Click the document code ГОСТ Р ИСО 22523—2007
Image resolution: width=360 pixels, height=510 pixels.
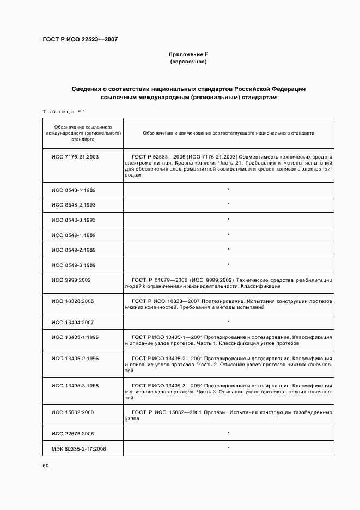(x=80, y=40)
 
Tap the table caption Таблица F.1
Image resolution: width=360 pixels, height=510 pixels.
(x=62, y=112)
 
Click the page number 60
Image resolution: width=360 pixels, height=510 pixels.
(x=46, y=465)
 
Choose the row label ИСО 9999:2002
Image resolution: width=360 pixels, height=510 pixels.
(x=71, y=280)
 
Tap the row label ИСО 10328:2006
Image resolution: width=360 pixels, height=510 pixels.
(x=73, y=301)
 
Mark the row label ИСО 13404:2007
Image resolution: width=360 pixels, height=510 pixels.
(x=73, y=322)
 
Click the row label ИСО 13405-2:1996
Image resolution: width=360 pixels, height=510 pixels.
(x=75, y=358)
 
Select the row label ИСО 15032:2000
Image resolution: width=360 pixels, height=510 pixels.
(x=73, y=412)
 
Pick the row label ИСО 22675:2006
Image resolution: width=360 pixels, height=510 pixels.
(x=73, y=433)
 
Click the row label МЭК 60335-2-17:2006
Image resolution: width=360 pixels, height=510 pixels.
(x=78, y=448)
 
